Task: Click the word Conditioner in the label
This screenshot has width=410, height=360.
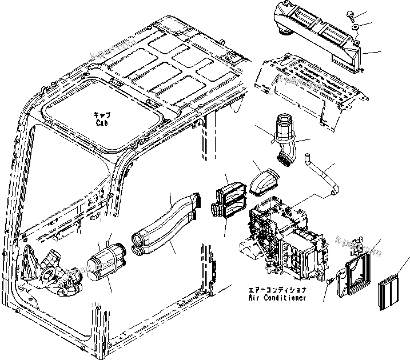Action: pos(285,298)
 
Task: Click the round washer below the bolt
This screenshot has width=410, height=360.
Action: pos(355,27)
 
